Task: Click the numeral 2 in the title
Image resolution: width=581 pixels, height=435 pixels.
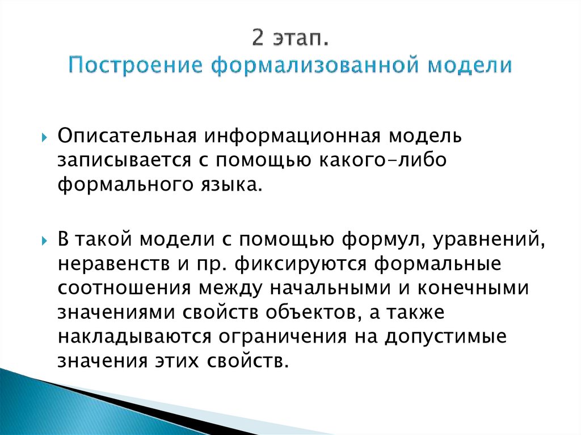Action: [x=259, y=40]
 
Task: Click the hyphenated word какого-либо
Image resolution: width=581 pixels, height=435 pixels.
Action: [x=383, y=162]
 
